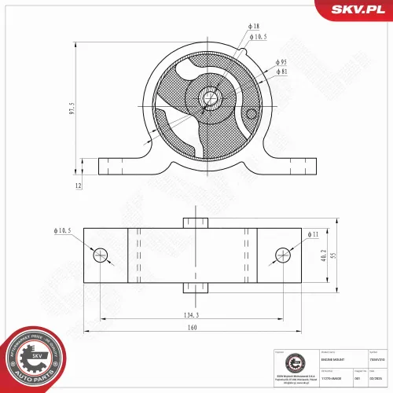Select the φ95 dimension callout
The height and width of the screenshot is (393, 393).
tap(281, 61)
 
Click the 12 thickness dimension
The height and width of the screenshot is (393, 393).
tap(79, 186)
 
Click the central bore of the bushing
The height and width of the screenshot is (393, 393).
tap(208, 97)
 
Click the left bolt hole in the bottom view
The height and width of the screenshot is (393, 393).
tap(100, 255)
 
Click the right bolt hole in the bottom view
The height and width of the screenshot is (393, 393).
tap(284, 255)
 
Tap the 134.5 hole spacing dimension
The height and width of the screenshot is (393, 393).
tap(191, 314)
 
